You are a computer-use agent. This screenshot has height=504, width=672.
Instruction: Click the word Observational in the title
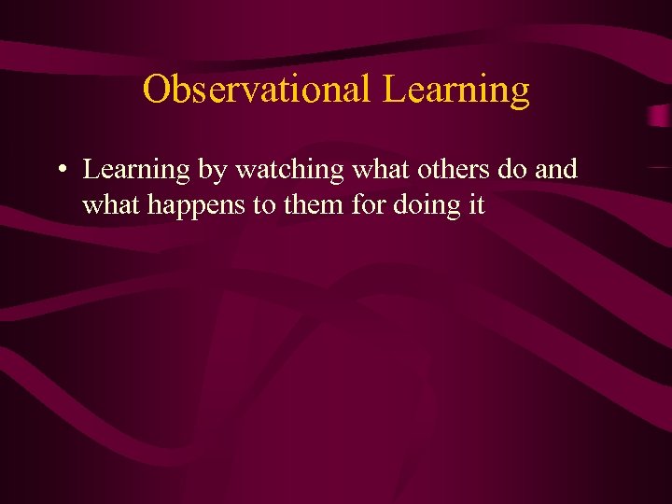(257, 90)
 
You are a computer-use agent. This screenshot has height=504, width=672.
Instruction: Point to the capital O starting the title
(156, 90)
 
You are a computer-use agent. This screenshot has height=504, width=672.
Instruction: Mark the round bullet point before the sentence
(60, 171)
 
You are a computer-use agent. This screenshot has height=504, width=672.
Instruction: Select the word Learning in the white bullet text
(136, 171)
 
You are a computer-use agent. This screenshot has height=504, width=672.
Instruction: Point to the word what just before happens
(112, 204)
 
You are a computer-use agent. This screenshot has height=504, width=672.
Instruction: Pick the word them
(315, 204)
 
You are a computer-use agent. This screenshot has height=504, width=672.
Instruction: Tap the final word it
(476, 204)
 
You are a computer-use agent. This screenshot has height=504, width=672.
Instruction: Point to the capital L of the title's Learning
(392, 90)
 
